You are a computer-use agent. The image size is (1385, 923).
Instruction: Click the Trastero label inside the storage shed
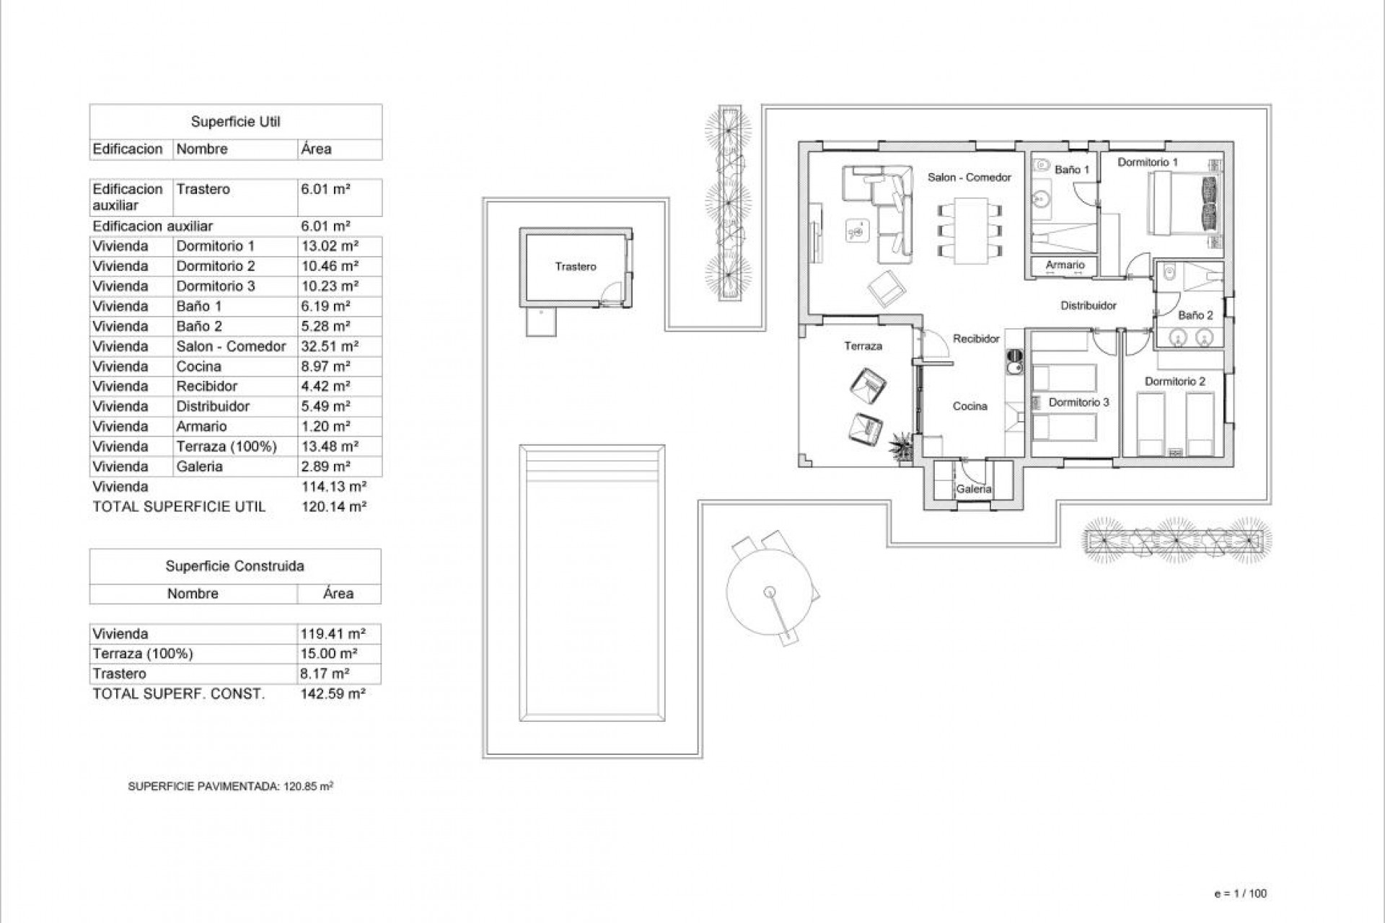tap(576, 267)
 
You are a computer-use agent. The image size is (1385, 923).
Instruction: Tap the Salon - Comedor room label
tap(969, 177)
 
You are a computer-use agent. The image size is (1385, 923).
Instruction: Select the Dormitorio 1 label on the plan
tap(1147, 162)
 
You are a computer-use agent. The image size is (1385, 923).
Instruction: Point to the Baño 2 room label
tap(1195, 315)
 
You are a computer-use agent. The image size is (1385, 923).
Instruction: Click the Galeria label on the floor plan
tap(973, 489)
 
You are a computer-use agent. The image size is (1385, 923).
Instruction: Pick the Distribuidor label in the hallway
tap(1088, 306)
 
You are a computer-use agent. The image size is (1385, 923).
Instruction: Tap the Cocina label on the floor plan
tap(969, 406)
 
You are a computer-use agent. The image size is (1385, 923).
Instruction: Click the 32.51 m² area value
tap(330, 346)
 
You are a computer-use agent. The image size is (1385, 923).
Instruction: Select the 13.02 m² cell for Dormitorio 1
tap(330, 246)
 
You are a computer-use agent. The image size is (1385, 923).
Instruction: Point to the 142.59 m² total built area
tap(333, 694)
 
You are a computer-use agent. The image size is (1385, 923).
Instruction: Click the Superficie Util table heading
tap(235, 122)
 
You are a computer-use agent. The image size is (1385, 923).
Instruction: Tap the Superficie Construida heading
tap(234, 566)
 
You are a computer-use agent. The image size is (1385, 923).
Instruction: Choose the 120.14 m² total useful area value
tap(333, 506)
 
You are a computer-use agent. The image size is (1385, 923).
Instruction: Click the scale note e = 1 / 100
tap(1240, 893)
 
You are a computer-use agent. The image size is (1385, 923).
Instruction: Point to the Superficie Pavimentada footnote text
tap(230, 787)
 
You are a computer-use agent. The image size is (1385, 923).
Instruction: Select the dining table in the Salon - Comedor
tap(969, 230)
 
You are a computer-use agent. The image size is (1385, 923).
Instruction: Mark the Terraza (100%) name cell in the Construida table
tap(143, 654)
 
